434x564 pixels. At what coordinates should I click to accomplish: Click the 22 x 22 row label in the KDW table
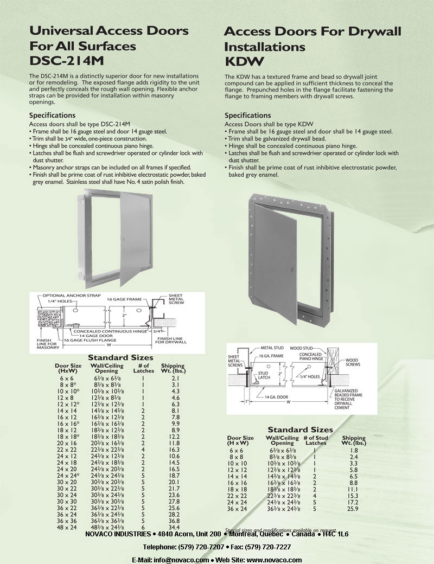point(237,496)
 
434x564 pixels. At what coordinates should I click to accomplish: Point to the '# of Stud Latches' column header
point(316,440)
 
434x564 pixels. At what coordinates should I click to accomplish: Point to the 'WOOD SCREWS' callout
point(352,362)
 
